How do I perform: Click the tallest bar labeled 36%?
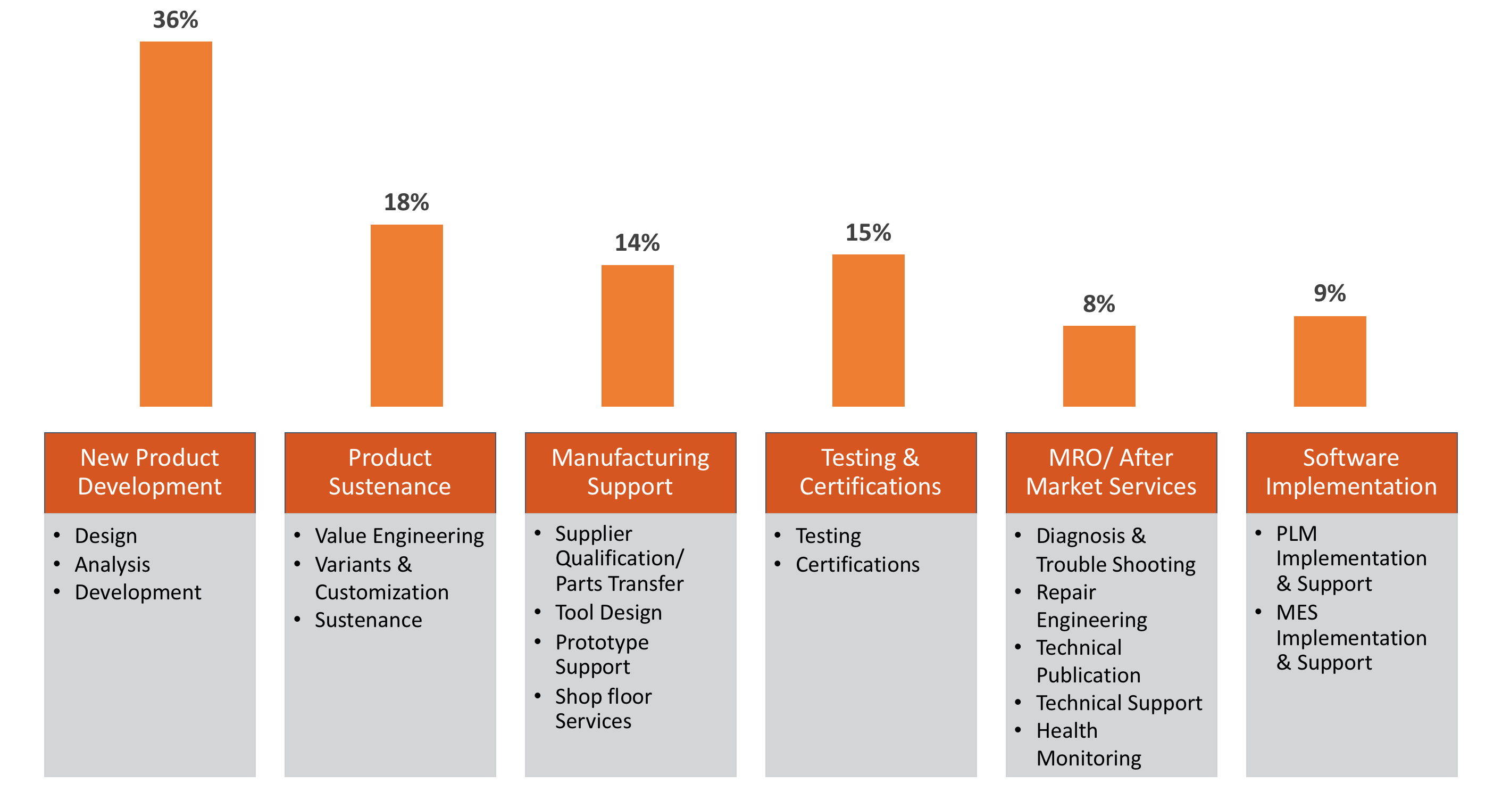click(176, 224)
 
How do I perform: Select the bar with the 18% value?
click(406, 316)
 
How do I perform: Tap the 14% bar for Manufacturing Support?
click(637, 335)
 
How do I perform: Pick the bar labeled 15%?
click(868, 330)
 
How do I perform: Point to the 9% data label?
click(1330, 293)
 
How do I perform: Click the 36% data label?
click(176, 20)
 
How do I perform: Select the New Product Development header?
click(150, 472)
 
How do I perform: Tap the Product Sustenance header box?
click(390, 472)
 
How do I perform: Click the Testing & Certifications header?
click(871, 472)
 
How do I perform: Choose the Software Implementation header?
click(1351, 472)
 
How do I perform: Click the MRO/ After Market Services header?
click(1111, 472)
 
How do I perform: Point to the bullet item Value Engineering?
click(399, 535)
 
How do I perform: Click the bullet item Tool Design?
click(608, 613)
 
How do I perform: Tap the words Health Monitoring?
click(1088, 744)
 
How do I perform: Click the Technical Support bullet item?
click(1119, 703)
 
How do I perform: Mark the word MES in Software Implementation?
click(1297, 613)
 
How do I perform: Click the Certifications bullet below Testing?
click(857, 564)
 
